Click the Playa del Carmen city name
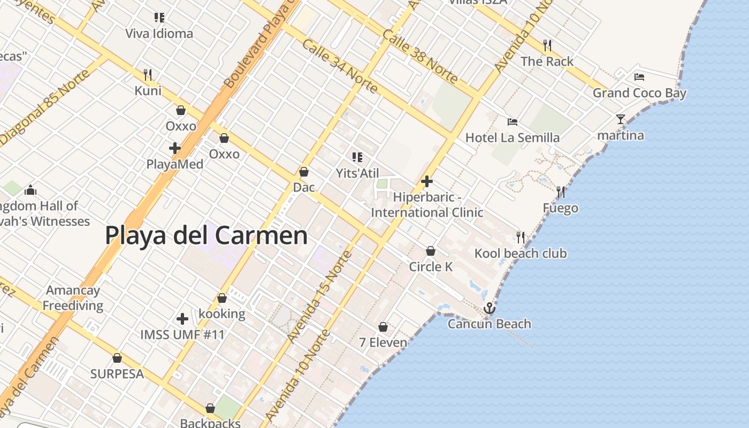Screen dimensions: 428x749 [206, 235]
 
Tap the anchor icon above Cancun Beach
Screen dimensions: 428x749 [489, 309]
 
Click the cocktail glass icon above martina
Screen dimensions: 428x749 [621, 119]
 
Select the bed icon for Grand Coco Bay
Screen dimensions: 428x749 [639, 77]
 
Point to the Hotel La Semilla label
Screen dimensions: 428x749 [512, 137]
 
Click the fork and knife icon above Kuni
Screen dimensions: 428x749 [148, 74]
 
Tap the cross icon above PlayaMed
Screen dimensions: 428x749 [175, 148]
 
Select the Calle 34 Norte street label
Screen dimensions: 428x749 [340, 65]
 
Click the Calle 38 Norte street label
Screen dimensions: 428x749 [419, 56]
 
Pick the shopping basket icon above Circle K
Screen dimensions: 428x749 [431, 250]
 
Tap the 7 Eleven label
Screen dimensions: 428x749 [383, 342]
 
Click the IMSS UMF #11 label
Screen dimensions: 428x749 [182, 335]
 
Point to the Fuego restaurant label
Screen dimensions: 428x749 [560, 208]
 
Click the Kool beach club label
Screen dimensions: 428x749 [520, 253]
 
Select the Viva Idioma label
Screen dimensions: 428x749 [159, 34]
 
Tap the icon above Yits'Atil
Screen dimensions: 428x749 [357, 157]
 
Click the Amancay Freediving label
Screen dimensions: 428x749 [73, 298]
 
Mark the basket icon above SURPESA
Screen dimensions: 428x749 [117, 358]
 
